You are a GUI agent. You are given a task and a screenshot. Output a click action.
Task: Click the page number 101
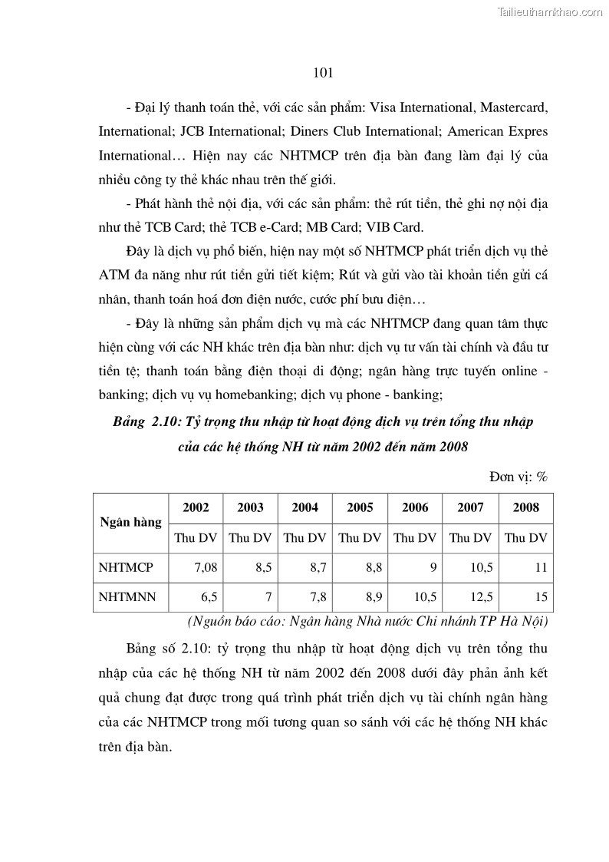pyautogui.click(x=323, y=74)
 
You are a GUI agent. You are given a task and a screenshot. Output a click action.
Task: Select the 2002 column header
pyautogui.click(x=196, y=507)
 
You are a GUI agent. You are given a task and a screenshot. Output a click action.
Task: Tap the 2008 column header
pyautogui.click(x=525, y=507)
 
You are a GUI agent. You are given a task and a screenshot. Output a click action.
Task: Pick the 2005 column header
pyautogui.click(x=360, y=507)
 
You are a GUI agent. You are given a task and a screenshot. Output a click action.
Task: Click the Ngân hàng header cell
pyautogui.click(x=130, y=522)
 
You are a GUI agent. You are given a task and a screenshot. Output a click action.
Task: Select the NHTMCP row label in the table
pyautogui.click(x=126, y=568)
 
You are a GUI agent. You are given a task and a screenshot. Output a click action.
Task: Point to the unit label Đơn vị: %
pyautogui.click(x=518, y=477)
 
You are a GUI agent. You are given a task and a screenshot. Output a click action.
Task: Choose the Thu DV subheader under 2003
pyautogui.click(x=250, y=538)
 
